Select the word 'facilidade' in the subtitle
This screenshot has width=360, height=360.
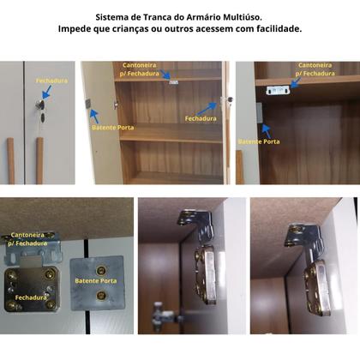(x=273, y=29)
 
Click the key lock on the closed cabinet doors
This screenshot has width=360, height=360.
(x=38, y=107)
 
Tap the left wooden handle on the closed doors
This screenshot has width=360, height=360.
(x=12, y=159)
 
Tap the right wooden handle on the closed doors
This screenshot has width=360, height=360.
(x=39, y=159)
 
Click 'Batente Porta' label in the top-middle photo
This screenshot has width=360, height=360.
(x=111, y=127)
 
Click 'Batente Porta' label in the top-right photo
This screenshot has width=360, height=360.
(x=259, y=141)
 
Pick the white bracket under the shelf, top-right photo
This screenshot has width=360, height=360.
(x=276, y=89)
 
